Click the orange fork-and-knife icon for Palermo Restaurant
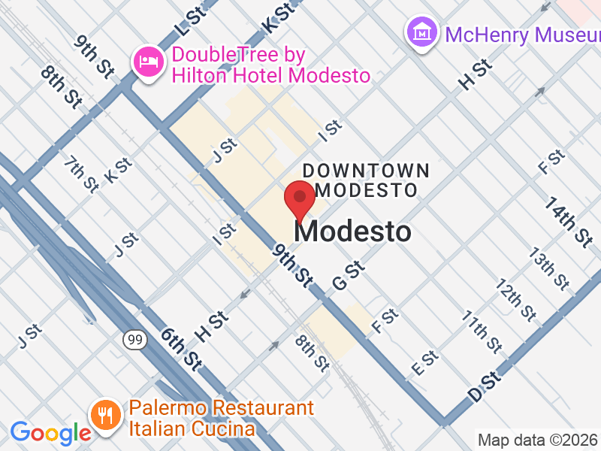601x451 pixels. [x=105, y=415]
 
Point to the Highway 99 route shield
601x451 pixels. [x=134, y=341]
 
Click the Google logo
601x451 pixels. [x=50, y=433]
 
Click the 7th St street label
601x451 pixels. [x=81, y=174]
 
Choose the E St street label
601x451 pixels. [x=425, y=365]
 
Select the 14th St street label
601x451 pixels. [x=569, y=222]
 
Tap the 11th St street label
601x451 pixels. [x=482, y=331]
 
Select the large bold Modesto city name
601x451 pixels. [x=352, y=232]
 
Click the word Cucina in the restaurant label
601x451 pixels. [x=218, y=429]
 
